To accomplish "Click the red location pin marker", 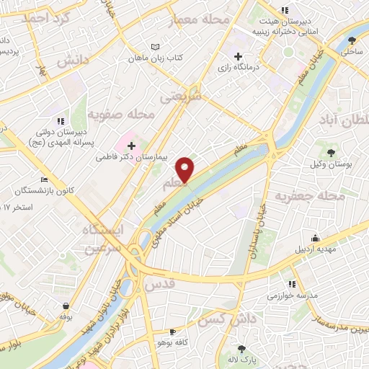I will [x=186, y=169].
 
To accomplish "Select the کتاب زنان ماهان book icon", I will [x=155, y=47].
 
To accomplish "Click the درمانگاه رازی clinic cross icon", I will [x=239, y=56].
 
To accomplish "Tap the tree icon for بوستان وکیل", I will [x=331, y=152].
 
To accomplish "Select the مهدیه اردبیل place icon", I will [x=315, y=239].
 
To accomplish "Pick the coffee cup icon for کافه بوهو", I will [x=172, y=332].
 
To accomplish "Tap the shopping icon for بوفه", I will [x=66, y=306].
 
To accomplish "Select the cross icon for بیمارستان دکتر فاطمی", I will [x=131, y=144].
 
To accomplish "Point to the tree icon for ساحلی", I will [x=352, y=40].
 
